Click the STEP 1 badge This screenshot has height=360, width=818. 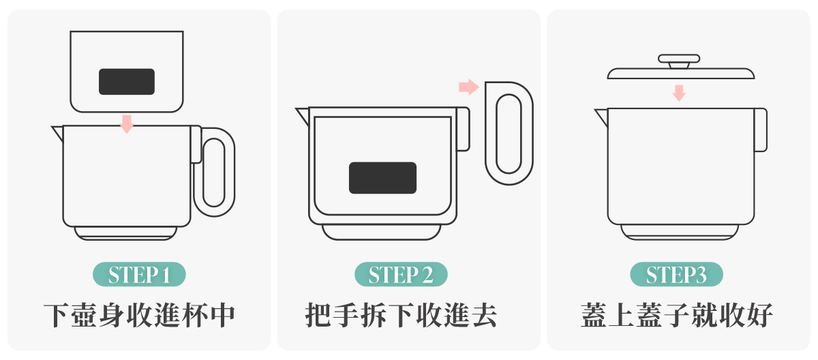(x=139, y=274)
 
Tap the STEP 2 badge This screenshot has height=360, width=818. (x=401, y=274)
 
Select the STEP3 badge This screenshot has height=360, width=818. (x=676, y=274)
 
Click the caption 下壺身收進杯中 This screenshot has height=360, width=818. (x=139, y=315)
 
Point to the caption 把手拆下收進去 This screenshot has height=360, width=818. (x=401, y=315)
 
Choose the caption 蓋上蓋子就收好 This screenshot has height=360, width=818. (x=676, y=315)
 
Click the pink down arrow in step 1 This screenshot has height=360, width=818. (x=127, y=124)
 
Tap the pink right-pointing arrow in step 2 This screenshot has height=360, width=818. (x=469, y=87)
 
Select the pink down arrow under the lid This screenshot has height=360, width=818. (x=679, y=93)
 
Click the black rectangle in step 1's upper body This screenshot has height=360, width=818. (x=127, y=81)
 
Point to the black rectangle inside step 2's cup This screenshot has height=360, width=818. (x=382, y=178)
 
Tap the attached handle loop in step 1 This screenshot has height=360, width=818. (x=231, y=172)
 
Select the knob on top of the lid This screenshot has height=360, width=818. (x=679, y=61)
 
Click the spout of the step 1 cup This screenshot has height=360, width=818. (x=58, y=133)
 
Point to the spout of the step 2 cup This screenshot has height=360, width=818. (x=303, y=116)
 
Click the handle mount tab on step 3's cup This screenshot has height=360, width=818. (x=761, y=130)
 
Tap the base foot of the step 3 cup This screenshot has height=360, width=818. (x=680, y=232)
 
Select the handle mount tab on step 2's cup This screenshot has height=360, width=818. (x=463, y=129)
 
